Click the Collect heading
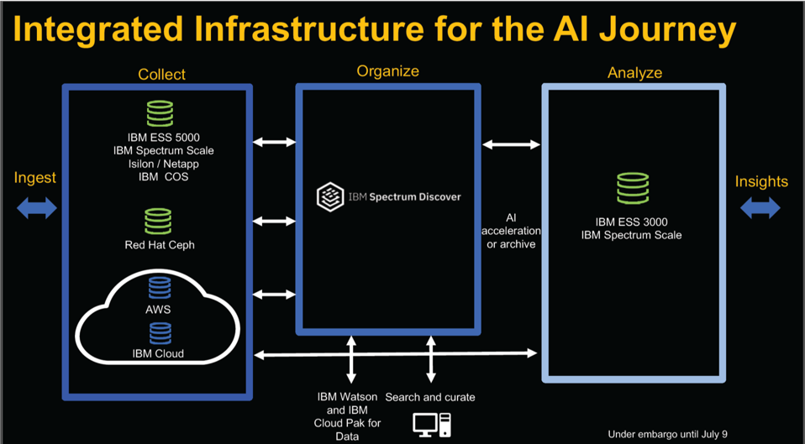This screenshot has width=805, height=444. [162, 75]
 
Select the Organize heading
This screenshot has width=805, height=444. [387, 71]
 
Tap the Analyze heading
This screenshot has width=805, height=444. [634, 73]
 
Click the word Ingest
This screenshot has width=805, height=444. [35, 177]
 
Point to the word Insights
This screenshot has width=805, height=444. [761, 181]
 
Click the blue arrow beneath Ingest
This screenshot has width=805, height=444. [36, 207]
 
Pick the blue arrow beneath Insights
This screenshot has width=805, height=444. [760, 207]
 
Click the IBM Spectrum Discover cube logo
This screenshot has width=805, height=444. [328, 197]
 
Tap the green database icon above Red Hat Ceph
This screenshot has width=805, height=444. [158, 221]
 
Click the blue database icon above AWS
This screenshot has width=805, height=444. [159, 287]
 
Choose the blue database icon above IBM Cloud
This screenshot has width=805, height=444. [159, 333]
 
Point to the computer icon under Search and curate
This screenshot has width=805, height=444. [431, 425]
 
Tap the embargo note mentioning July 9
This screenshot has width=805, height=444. [667, 434]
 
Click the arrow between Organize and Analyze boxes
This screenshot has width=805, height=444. [512, 145]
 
